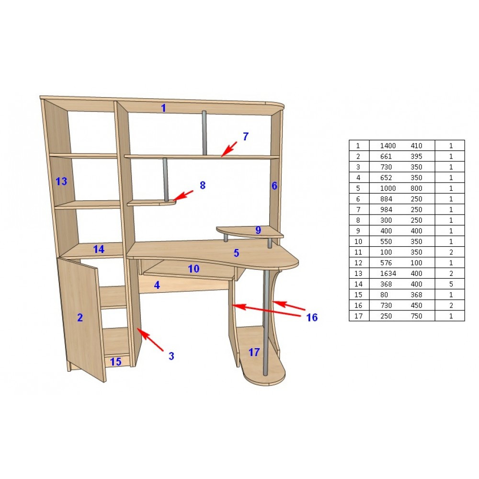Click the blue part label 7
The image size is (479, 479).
(246, 137)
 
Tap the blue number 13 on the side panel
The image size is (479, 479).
(61, 181)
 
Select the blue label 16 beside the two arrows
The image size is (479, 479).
(312, 318)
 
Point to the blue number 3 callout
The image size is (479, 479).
(171, 356)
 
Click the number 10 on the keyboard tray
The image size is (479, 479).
(194, 269)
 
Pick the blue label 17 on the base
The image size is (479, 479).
(254, 352)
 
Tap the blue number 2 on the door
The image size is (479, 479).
(80, 318)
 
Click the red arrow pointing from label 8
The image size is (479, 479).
(183, 195)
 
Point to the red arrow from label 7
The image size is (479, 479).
(229, 149)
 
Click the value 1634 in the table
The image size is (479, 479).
(388, 274)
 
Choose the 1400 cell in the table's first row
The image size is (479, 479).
(388, 146)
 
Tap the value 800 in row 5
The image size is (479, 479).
(416, 188)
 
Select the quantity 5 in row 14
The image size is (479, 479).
(451, 284)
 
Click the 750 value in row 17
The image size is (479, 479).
(416, 316)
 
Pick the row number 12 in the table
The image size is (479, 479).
(358, 262)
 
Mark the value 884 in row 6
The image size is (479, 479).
(386, 199)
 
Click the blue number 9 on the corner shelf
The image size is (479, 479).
(258, 230)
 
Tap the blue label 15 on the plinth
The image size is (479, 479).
(116, 362)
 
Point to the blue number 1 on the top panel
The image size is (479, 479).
(163, 108)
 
